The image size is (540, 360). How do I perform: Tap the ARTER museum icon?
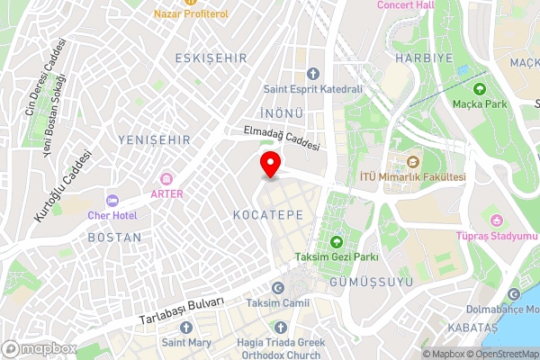coord(166,179)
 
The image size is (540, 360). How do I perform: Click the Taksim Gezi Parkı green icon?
coord(337,241)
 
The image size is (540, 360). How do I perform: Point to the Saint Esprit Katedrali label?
coord(312,89)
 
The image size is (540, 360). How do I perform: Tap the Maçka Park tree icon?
coord(479,89)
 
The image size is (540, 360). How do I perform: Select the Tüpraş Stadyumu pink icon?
coord(494,221)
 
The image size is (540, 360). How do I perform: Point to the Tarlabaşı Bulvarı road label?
coord(180,310)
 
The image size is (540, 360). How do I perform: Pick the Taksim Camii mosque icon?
coord(277,287)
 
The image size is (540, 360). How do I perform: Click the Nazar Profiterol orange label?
coord(191,14)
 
